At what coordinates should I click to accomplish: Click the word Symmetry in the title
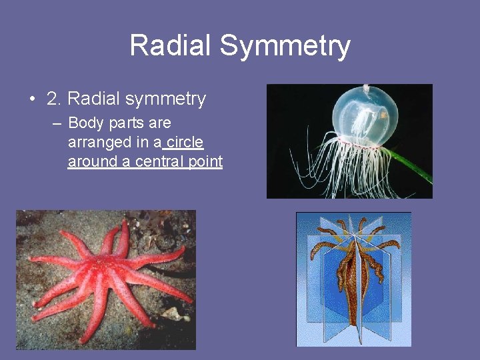click(x=285, y=46)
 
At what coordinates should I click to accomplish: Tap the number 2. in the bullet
click(x=55, y=99)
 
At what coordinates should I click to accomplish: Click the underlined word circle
click(x=185, y=142)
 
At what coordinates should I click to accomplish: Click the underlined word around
click(x=89, y=161)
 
